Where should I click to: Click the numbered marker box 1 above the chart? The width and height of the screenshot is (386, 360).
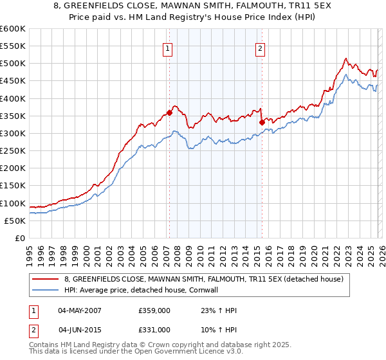coord(168,48)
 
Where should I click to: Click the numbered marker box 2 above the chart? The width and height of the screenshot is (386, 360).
coord(261,48)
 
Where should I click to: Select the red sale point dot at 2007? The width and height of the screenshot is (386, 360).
coord(169,113)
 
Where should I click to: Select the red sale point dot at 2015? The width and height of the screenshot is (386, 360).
coord(261,122)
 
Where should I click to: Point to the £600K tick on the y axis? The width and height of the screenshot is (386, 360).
coord(13,29)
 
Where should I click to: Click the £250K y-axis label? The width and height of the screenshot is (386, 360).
coord(13,151)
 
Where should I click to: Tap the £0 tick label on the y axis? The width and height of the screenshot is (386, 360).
coord(19,239)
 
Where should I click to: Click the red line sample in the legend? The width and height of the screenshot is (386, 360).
coord(46,279)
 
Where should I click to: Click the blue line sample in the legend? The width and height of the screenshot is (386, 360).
coord(46,290)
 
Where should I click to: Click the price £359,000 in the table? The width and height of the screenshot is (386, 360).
coord(154,310)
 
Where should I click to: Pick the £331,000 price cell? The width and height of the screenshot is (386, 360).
coord(154,329)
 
